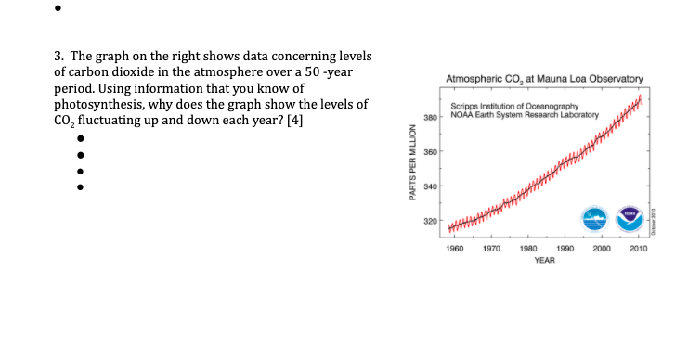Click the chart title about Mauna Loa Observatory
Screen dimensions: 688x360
(x=544, y=79)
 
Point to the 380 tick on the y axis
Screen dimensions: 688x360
(x=430, y=118)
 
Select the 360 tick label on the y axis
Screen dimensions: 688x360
(x=430, y=152)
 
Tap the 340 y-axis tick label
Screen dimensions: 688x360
(x=430, y=186)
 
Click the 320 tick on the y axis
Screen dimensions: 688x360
(x=430, y=222)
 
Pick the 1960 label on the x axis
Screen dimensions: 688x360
(x=455, y=249)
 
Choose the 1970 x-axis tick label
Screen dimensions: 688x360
(x=491, y=249)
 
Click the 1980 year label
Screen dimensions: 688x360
(x=528, y=249)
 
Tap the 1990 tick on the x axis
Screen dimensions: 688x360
(x=565, y=249)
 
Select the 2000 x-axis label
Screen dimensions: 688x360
(x=602, y=249)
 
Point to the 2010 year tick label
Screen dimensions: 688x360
(x=639, y=249)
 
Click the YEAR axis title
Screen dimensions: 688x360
(x=544, y=261)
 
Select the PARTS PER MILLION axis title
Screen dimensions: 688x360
(x=412, y=162)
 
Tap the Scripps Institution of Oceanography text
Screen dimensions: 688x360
(x=514, y=107)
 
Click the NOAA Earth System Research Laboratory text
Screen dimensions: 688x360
(x=525, y=115)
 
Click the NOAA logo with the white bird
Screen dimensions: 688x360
(x=630, y=219)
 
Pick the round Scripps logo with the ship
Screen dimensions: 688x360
(x=594, y=219)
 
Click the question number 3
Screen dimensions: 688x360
(x=59, y=56)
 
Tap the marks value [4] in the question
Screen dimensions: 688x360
(x=295, y=120)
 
